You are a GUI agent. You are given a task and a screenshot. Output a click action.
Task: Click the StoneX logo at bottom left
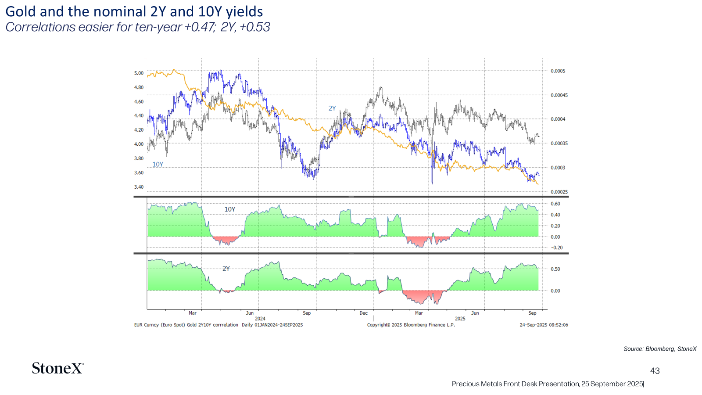click(x=57, y=368)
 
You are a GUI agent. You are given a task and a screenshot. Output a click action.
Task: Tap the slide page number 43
click(x=655, y=371)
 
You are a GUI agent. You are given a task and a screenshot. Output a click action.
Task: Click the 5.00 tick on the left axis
click(x=139, y=73)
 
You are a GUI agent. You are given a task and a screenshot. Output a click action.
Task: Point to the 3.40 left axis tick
click(x=139, y=187)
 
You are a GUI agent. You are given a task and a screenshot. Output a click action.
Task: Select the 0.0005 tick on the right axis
click(x=558, y=71)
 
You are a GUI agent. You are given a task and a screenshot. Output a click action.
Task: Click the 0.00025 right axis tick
click(x=559, y=192)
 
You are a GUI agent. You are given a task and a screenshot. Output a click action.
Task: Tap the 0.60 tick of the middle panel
click(x=555, y=204)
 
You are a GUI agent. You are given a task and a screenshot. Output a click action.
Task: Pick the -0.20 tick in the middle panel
click(x=556, y=248)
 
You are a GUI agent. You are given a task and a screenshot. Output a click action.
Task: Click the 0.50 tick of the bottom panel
click(x=555, y=269)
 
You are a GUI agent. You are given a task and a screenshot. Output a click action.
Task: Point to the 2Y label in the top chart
click(x=332, y=108)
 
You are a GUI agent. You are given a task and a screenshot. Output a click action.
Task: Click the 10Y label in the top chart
click(x=158, y=164)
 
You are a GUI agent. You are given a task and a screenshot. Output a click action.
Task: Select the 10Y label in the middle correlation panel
click(x=230, y=209)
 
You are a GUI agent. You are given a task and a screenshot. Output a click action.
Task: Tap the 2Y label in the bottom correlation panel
click(x=226, y=268)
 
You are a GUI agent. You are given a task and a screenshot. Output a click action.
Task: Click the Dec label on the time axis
click(x=364, y=313)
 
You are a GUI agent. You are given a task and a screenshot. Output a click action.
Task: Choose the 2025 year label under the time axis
click(x=460, y=319)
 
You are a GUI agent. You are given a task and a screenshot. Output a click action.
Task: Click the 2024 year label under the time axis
click(x=260, y=319)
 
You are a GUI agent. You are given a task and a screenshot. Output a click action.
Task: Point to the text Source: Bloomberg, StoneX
click(x=660, y=349)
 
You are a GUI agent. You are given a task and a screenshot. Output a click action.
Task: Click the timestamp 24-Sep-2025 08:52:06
click(x=544, y=325)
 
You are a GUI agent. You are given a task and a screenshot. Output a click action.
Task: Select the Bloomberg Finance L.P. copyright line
click(x=411, y=325)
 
